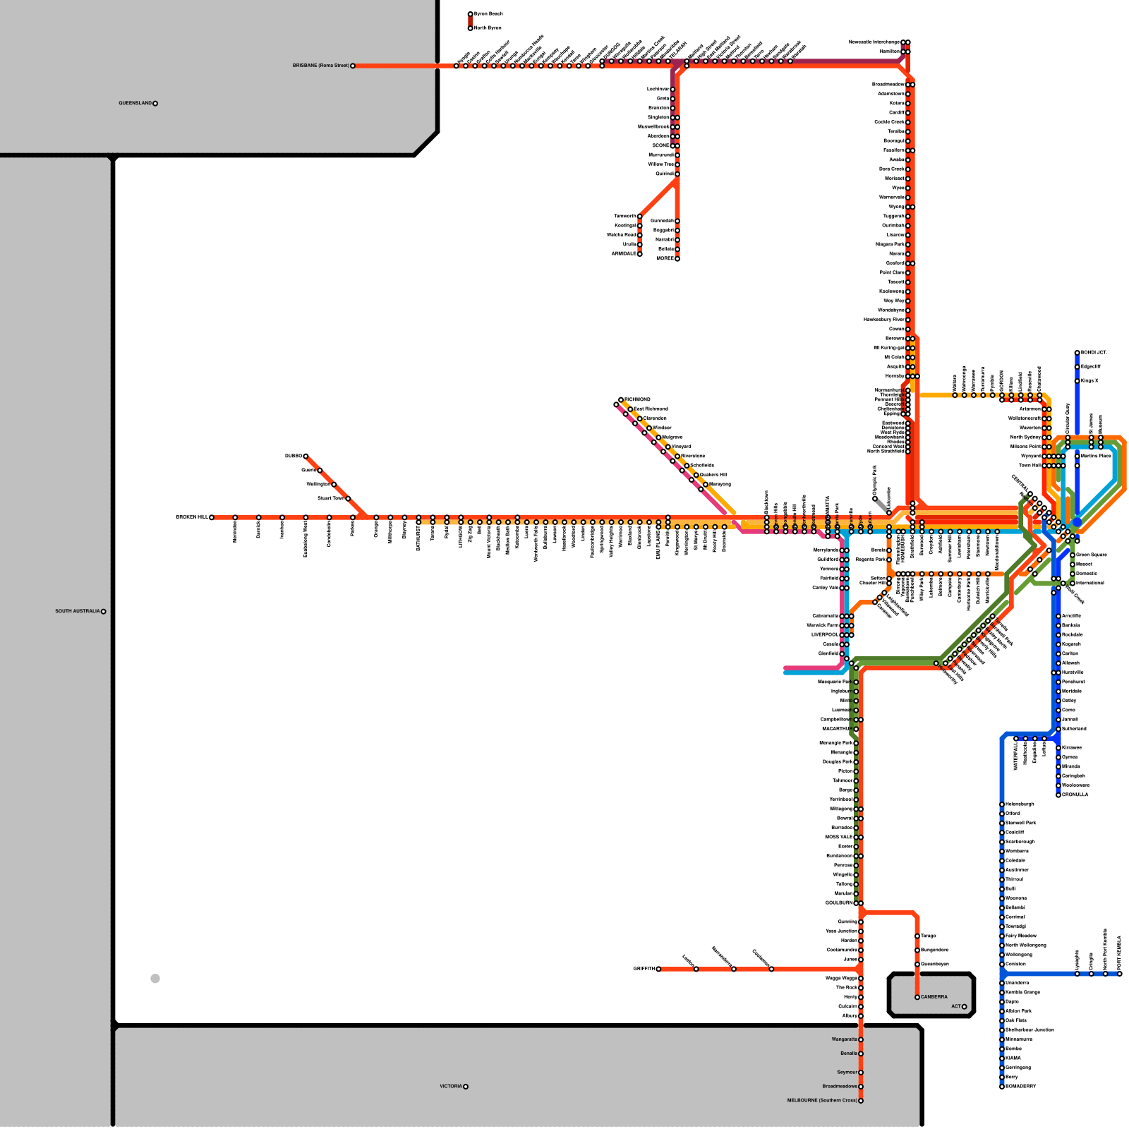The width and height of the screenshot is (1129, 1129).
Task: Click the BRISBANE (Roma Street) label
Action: (x=321, y=66)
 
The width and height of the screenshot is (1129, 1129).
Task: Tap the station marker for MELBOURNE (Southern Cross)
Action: (x=861, y=1100)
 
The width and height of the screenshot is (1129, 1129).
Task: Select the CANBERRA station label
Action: (x=934, y=997)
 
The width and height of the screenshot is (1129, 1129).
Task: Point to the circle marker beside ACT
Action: (x=964, y=1006)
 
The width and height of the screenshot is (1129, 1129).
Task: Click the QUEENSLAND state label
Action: (x=135, y=103)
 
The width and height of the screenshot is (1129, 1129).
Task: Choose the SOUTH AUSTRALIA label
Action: (x=78, y=611)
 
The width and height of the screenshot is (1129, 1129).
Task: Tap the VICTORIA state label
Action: (x=451, y=1086)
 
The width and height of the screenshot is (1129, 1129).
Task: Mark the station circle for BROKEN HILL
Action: (x=212, y=517)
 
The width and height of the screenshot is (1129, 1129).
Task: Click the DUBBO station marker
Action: (x=306, y=456)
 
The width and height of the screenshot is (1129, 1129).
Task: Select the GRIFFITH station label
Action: (x=644, y=969)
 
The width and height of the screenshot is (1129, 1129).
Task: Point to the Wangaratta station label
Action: (x=845, y=1039)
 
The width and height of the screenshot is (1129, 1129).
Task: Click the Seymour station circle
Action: (x=861, y=1073)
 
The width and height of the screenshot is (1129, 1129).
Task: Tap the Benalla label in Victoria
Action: (x=849, y=1053)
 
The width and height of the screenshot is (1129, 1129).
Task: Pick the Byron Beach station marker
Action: (x=471, y=14)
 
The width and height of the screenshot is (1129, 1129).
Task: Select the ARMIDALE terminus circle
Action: (x=640, y=253)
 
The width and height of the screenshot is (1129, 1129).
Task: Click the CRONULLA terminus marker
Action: (x=1058, y=795)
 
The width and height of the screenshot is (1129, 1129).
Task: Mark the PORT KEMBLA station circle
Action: (x=1120, y=974)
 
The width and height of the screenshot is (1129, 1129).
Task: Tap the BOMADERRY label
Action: (x=1020, y=1086)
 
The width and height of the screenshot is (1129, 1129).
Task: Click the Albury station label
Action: (x=850, y=1015)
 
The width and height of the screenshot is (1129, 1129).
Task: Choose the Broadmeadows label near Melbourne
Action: (x=840, y=1086)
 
